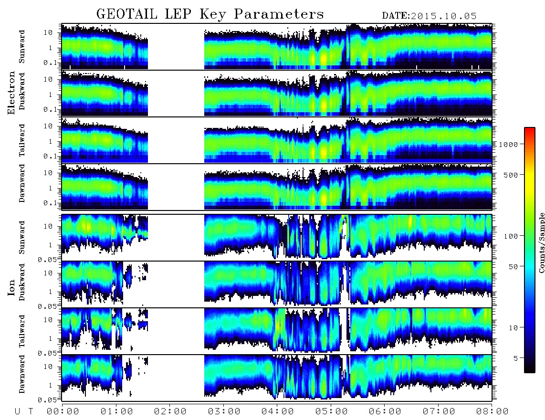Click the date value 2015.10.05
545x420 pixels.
pyautogui.click(x=443, y=16)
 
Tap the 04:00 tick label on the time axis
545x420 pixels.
pyautogui.click(x=277, y=412)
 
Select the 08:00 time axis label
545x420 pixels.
pyautogui.click(x=492, y=412)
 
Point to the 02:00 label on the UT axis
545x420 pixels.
pyautogui.click(x=170, y=412)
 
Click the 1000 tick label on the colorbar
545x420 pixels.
pyautogui.click(x=508, y=145)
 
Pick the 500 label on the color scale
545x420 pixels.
pyautogui.click(x=511, y=175)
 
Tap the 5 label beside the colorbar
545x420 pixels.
pyautogui.click(x=516, y=358)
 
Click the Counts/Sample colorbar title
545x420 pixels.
pyautogui.click(x=541, y=242)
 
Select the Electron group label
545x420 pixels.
pyautogui.click(x=11, y=93)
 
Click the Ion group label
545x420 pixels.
pyautogui.click(x=11, y=288)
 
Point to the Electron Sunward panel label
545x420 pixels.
pyautogui.click(x=22, y=47)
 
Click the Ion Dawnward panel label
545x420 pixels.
pyautogui.click(x=22, y=374)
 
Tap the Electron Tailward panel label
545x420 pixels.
pyautogui.click(x=22, y=140)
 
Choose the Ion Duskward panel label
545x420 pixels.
pyautogui.click(x=22, y=282)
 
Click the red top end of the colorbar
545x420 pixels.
pyautogui.click(x=530, y=129)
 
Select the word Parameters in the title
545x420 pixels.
pyautogui.click(x=279, y=14)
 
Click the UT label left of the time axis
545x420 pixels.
pyautogui.click(x=24, y=412)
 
